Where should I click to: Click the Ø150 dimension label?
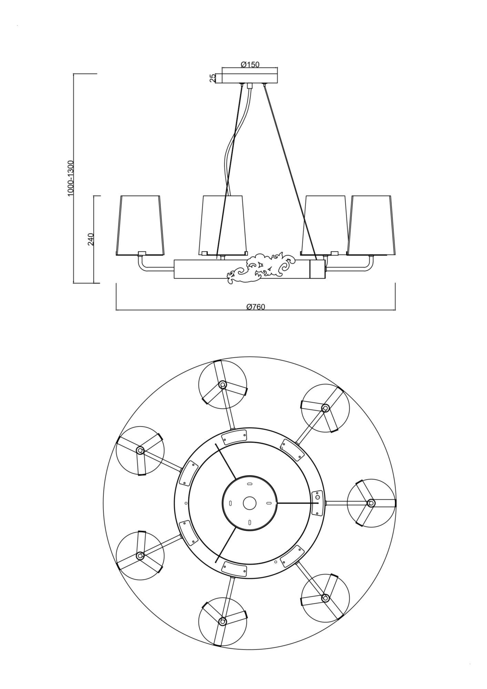(x=250, y=64)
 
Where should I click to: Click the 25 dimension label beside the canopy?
(x=213, y=78)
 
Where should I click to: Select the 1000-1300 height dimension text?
(x=71, y=178)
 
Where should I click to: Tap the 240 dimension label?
(x=91, y=239)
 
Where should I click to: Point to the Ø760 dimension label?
(x=256, y=307)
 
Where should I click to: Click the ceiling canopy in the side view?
(x=250, y=78)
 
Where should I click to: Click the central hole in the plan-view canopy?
(x=250, y=503)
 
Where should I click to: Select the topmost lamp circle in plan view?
(x=223, y=385)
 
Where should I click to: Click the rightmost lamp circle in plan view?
(x=371, y=503)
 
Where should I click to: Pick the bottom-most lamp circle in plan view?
(x=223, y=621)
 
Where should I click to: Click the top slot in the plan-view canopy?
(x=250, y=484)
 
